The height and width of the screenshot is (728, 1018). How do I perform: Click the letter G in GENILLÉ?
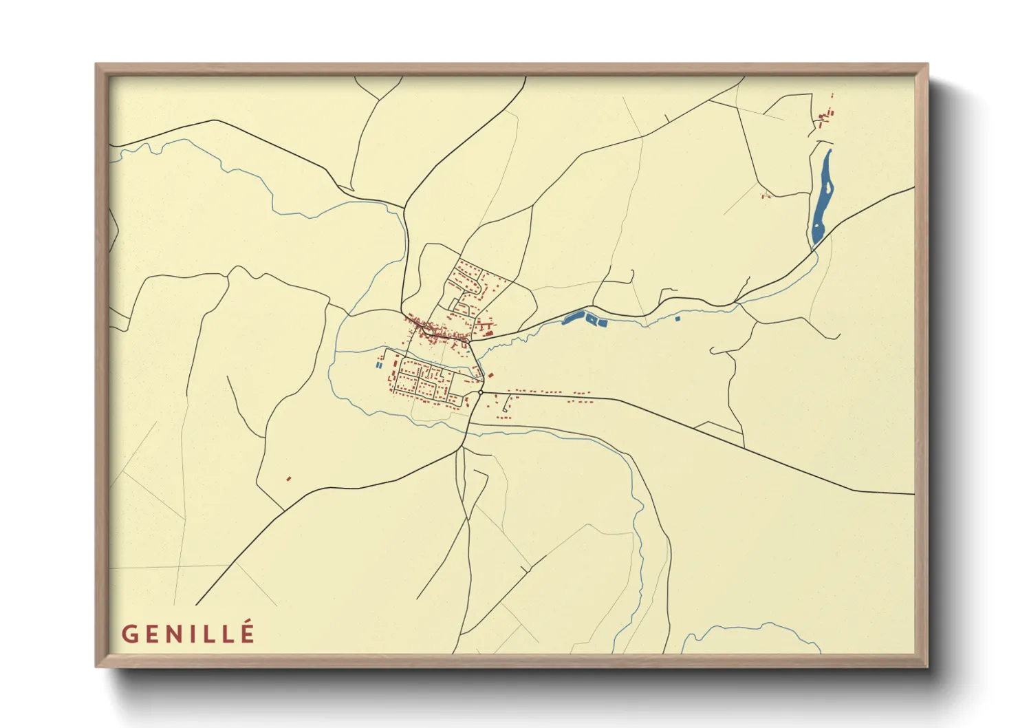click(x=130, y=634)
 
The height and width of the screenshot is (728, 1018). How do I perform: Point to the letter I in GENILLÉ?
click(x=197, y=634)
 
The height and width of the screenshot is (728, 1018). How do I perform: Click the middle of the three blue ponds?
click(x=591, y=319)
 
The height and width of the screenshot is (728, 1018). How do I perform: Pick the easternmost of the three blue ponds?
click(x=603, y=322)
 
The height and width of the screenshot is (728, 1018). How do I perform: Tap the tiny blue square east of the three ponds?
click(x=678, y=318)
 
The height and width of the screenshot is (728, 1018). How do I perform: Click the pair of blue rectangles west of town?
click(x=379, y=365)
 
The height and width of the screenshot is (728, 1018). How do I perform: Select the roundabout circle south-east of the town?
click(x=480, y=393)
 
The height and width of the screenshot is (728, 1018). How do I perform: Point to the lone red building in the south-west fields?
click(x=288, y=478)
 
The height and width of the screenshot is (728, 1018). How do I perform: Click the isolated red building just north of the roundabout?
click(x=491, y=375)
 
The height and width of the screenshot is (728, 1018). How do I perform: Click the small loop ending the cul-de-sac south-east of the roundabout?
click(x=504, y=411)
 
